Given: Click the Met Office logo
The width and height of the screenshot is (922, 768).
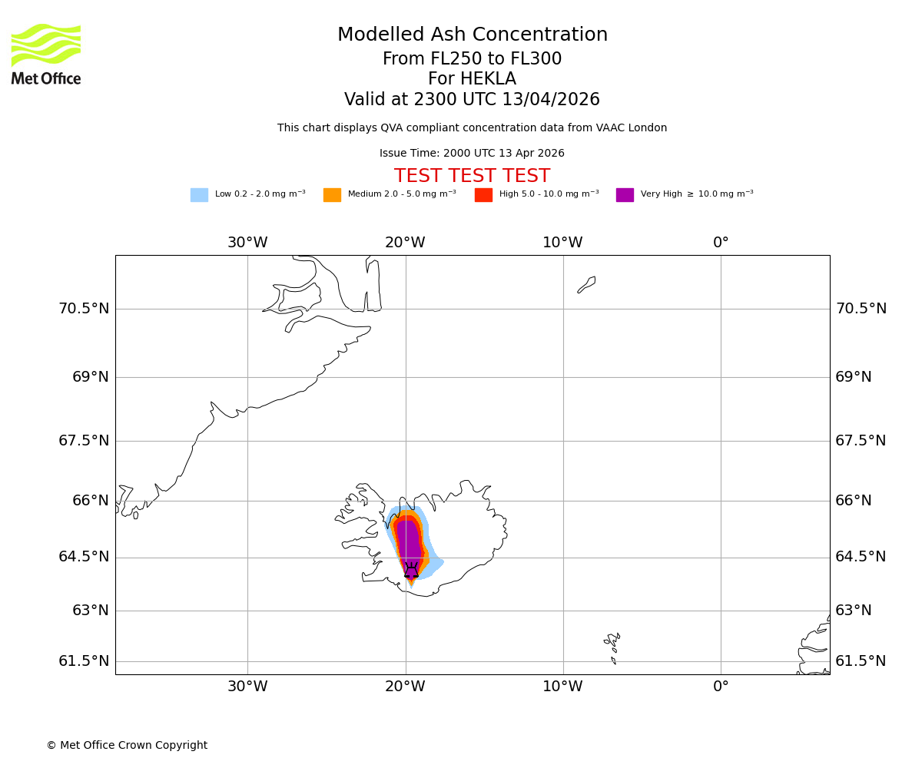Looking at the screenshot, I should (x=46, y=54).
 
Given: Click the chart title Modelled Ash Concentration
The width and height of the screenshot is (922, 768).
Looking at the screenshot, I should (x=472, y=35).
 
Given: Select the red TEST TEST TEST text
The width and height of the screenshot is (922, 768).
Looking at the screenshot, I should (x=472, y=177).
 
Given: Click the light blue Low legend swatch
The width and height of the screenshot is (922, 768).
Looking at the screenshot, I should (x=199, y=195).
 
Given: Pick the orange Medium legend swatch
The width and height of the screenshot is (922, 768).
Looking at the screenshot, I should (x=332, y=195).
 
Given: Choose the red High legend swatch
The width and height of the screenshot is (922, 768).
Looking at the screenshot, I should (x=483, y=195).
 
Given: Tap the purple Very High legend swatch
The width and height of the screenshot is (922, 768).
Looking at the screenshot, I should (x=625, y=195).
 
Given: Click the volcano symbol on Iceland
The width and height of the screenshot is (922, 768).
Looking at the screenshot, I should (x=411, y=570).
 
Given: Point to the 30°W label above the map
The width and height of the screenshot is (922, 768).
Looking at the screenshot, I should (x=247, y=243).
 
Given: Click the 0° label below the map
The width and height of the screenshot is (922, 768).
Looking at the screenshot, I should (x=721, y=687).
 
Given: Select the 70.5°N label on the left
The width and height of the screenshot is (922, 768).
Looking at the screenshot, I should (x=84, y=309).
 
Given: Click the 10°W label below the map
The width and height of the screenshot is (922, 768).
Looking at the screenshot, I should (x=562, y=687).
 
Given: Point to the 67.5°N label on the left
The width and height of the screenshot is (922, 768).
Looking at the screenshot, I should (x=84, y=441).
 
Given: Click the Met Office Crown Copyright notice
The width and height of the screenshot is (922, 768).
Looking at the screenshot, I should (x=127, y=746).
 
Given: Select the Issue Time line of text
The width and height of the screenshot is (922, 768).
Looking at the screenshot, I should (x=472, y=154).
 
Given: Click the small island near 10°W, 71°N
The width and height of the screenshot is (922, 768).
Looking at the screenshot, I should (x=587, y=284).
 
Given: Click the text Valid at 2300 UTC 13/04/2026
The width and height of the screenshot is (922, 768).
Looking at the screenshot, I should (x=472, y=100).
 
